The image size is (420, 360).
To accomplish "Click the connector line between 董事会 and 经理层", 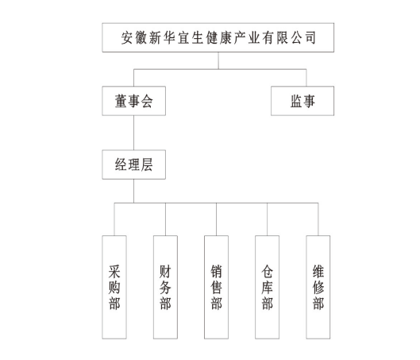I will click(x=134, y=133).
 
